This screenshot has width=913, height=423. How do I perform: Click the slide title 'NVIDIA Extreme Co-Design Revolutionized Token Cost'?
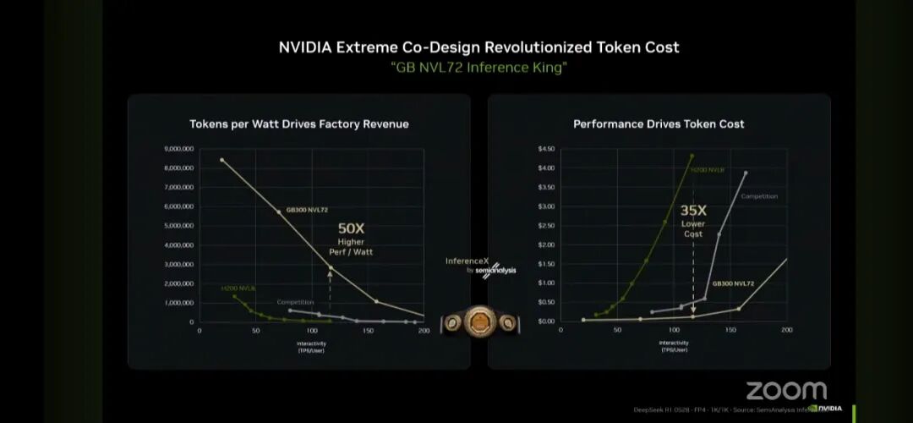pyautogui.click(x=478, y=47)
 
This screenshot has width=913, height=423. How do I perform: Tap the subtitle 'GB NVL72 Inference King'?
pyautogui.click(x=478, y=68)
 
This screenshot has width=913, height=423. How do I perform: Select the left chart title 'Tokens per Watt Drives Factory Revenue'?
pyautogui.click(x=298, y=124)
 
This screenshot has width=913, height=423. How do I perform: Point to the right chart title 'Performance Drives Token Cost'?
pyautogui.click(x=659, y=124)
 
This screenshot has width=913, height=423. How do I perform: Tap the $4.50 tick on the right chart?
pyautogui.click(x=546, y=149)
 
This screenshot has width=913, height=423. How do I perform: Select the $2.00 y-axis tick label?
pyautogui.click(x=546, y=245)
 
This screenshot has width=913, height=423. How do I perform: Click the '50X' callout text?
pyautogui.click(x=351, y=228)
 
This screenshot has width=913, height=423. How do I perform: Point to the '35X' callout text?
pyautogui.click(x=693, y=211)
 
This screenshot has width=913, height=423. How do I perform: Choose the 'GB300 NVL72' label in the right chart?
pyautogui.click(x=733, y=283)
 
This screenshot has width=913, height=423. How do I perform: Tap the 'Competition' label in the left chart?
pyautogui.click(x=295, y=302)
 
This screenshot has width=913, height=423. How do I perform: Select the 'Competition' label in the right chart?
pyautogui.click(x=758, y=196)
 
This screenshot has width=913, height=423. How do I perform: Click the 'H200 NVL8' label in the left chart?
pyautogui.click(x=238, y=288)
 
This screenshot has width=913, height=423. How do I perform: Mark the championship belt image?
pyautogui.click(x=478, y=322)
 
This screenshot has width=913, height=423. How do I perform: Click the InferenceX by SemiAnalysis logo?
pyautogui.click(x=478, y=265)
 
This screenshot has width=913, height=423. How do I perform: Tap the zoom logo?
pyautogui.click(x=785, y=391)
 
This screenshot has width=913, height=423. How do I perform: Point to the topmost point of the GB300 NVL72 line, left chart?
pyautogui.click(x=221, y=160)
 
